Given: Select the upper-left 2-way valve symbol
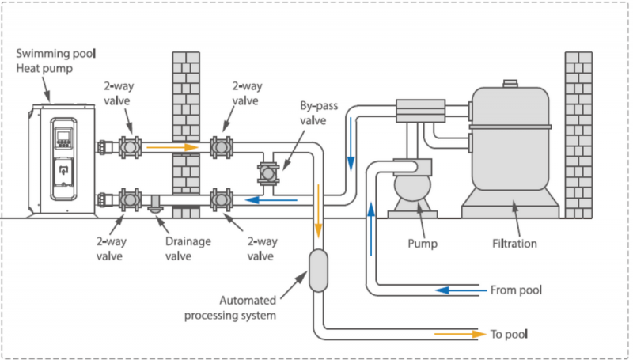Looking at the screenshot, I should pyautogui.click(x=130, y=147).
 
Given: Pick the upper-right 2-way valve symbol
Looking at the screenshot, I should pyautogui.click(x=220, y=147).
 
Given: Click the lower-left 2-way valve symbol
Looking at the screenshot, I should pyautogui.click(x=130, y=199).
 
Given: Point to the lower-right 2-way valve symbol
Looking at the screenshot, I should pyautogui.click(x=220, y=199).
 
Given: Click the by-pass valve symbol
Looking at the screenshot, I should pyautogui.click(x=267, y=173).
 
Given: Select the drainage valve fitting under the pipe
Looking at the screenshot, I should pyautogui.click(x=155, y=207).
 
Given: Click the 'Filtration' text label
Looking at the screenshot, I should pyautogui.click(x=511, y=244).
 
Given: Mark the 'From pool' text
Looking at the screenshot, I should pyautogui.click(x=517, y=290).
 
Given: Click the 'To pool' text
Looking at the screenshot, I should pyautogui.click(x=510, y=334).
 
